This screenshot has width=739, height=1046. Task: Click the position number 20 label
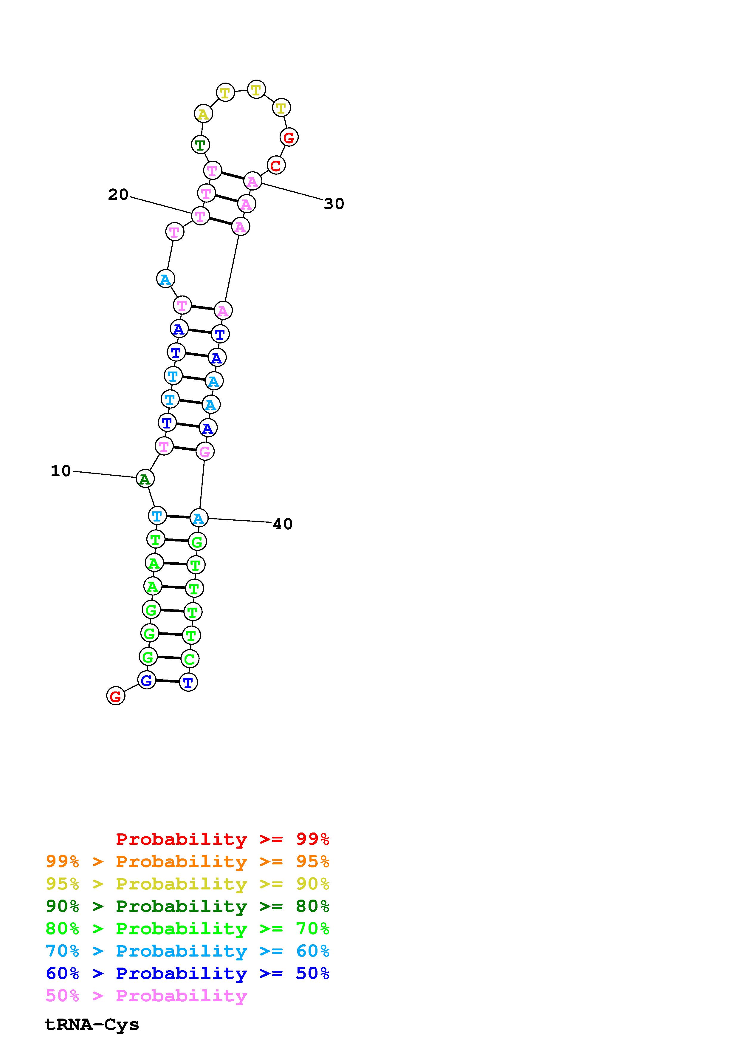pos(118,195)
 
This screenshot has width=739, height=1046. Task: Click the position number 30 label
pos(334,204)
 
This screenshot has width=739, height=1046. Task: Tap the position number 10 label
pos(61,471)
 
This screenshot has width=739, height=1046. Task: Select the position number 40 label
pos(282,524)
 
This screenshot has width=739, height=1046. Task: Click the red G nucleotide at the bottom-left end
pos(116,696)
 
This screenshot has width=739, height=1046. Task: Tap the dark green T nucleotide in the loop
pos(200,145)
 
